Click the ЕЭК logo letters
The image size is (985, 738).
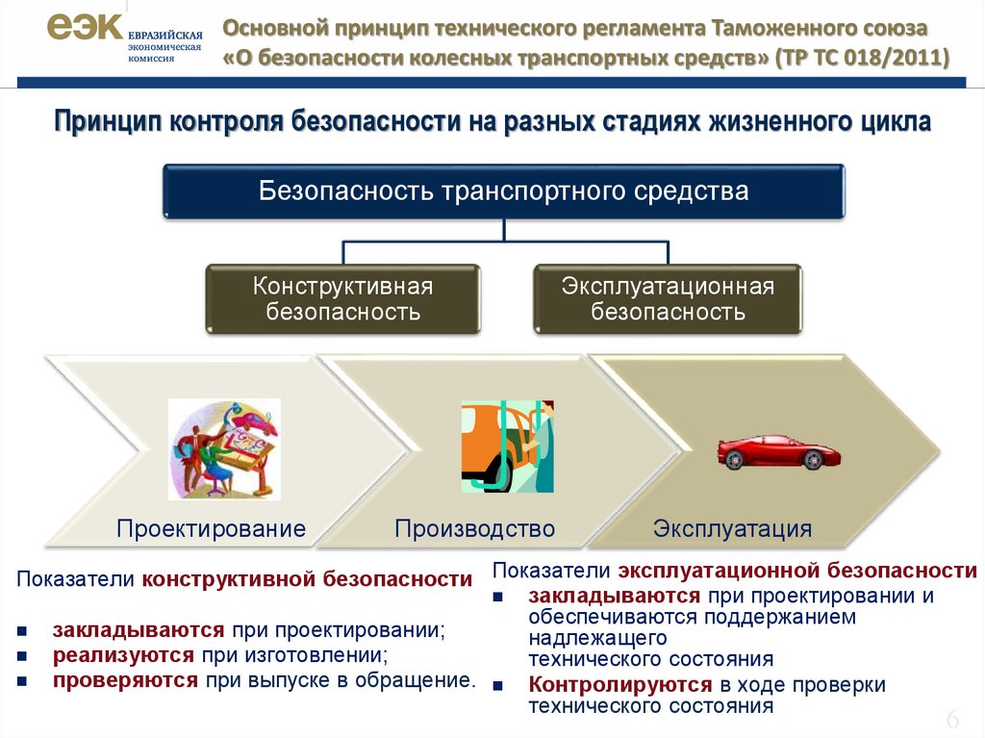(85, 27)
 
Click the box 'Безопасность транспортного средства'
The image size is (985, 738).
(504, 191)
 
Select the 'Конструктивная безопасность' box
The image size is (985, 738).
(343, 298)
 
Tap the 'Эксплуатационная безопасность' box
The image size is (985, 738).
(668, 298)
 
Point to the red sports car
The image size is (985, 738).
(778, 451)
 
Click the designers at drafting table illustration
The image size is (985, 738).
(224, 448)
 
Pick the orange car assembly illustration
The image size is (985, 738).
(508, 446)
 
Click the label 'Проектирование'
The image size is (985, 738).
(211, 528)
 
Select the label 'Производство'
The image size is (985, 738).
(475, 528)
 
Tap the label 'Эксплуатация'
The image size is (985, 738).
(732, 528)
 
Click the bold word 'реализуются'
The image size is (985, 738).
(123, 655)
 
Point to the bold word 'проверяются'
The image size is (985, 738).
(125, 681)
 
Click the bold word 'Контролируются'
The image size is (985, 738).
(620, 684)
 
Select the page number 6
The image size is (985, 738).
(953, 719)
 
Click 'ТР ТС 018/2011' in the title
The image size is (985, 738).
(862, 58)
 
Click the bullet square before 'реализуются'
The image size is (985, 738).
(23, 656)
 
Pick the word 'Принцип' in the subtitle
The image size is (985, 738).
(108, 122)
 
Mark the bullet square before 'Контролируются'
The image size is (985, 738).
(499, 685)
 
